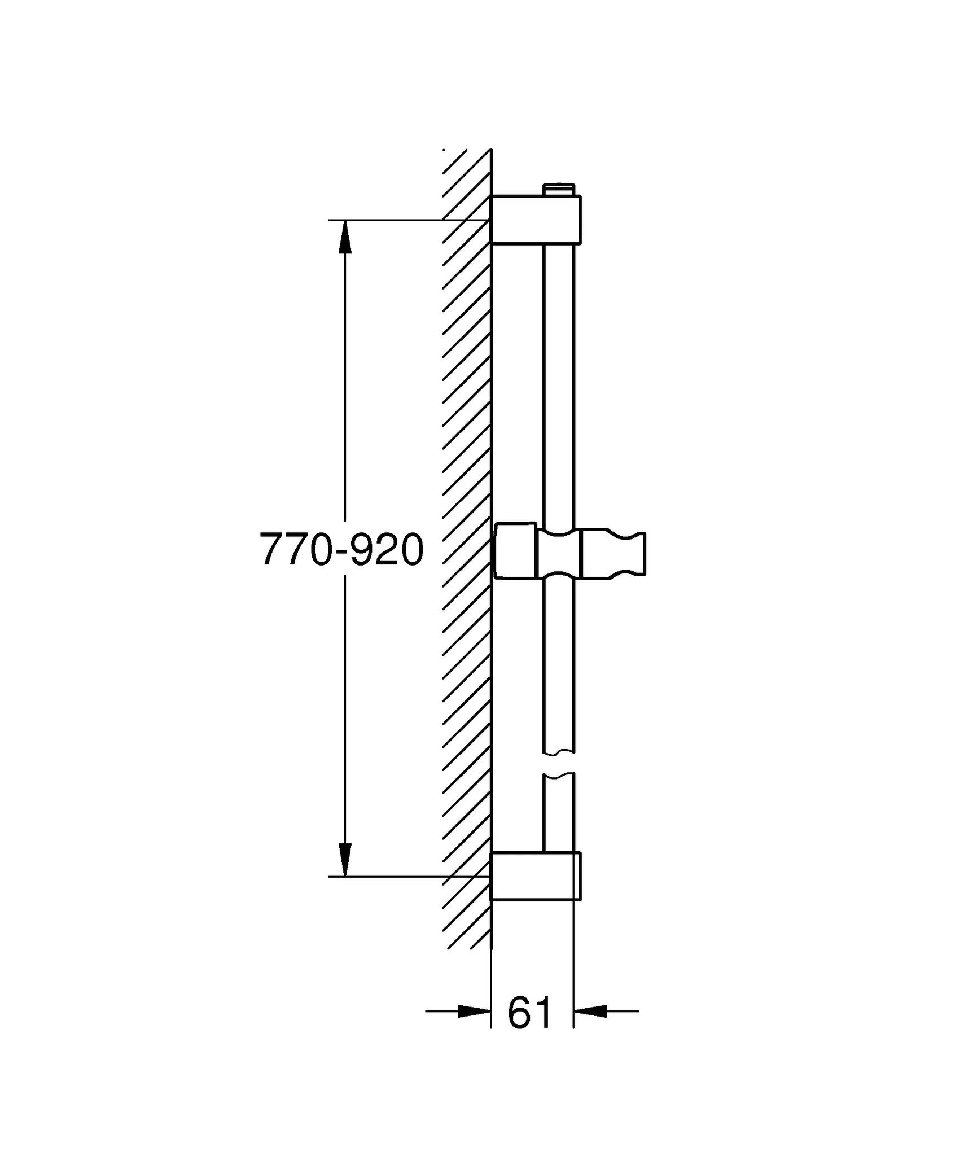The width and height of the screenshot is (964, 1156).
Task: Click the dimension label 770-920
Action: [341, 550]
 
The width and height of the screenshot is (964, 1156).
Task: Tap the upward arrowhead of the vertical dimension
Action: [345, 237]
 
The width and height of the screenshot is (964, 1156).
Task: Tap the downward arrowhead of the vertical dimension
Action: [345, 859]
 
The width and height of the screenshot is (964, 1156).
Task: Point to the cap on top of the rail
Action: [558, 189]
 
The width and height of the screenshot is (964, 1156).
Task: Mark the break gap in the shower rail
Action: [558, 763]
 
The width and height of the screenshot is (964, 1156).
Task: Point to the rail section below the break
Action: [558, 813]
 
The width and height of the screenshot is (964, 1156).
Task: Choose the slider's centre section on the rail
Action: [558, 554]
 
